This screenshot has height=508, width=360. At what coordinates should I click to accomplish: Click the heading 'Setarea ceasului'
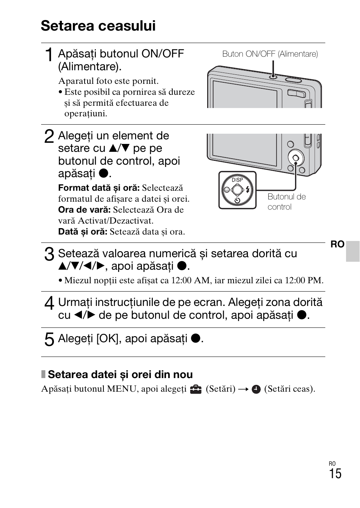pos(98,26)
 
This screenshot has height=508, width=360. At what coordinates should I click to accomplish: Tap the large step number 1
pos(49,55)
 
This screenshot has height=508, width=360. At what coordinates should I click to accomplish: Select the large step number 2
pos(49,137)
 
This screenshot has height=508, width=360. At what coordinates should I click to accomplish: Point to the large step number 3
pos(49,255)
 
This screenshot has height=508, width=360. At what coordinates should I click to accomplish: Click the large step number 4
pos(49,303)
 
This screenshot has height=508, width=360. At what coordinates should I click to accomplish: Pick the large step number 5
pos(49,340)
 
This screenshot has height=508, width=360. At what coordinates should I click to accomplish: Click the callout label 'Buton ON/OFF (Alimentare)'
pos(270,54)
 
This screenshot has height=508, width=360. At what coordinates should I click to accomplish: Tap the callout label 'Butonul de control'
pos(286,202)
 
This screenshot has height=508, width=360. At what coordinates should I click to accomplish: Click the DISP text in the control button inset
pos(237,180)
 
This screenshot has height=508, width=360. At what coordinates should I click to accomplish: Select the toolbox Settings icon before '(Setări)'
pos(196,389)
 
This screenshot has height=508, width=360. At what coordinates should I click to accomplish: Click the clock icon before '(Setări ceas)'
pos(256,389)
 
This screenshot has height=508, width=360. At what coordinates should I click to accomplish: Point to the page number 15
pos(335,474)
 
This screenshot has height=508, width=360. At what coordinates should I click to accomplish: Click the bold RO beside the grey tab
pos(337,244)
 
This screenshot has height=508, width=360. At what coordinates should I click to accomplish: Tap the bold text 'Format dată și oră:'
pos(99,188)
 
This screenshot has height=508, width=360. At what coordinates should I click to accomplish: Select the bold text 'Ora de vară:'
pos(84,210)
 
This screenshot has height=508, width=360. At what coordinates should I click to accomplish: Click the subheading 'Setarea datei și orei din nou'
pos(120,375)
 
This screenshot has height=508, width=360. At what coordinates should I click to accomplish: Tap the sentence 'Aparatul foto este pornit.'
pos(108,81)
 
